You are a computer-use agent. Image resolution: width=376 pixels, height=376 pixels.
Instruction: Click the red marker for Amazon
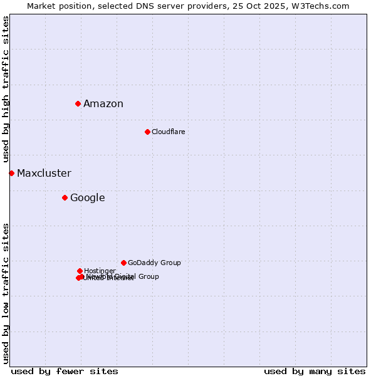[x=78, y=103]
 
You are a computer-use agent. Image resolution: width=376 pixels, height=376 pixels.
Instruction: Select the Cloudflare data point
[x=147, y=132]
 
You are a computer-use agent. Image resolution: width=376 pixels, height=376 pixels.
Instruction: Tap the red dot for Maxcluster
[x=11, y=173]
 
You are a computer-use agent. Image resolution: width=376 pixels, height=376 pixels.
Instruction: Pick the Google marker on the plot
[x=65, y=198]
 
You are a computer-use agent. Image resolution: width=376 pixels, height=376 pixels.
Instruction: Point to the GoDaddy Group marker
[x=123, y=263]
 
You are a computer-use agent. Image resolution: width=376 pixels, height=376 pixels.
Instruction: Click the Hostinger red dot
[x=80, y=271]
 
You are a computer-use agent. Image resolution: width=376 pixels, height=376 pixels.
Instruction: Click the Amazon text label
[x=103, y=104]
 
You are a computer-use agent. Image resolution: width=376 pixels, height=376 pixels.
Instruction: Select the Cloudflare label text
[x=168, y=132]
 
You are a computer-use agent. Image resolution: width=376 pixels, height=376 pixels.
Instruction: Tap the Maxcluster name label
[x=44, y=174]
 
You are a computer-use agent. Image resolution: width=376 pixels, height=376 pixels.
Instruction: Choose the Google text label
[x=87, y=198]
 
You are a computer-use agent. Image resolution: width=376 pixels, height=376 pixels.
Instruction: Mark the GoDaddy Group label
[x=154, y=263]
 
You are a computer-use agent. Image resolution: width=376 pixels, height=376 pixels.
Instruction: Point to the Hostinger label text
[x=100, y=271]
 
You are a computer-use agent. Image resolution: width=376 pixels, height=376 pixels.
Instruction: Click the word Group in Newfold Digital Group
[x=149, y=276]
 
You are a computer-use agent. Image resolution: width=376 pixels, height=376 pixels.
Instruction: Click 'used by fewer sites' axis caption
[x=65, y=371]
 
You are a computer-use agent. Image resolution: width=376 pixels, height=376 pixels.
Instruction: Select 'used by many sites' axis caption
[x=315, y=371]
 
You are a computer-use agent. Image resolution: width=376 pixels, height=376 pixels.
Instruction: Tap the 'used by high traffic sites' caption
[x=6, y=89]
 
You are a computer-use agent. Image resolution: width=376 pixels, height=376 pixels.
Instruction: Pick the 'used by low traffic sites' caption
[x=6, y=293]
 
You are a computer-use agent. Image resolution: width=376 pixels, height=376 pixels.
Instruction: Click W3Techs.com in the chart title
[x=323, y=6]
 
